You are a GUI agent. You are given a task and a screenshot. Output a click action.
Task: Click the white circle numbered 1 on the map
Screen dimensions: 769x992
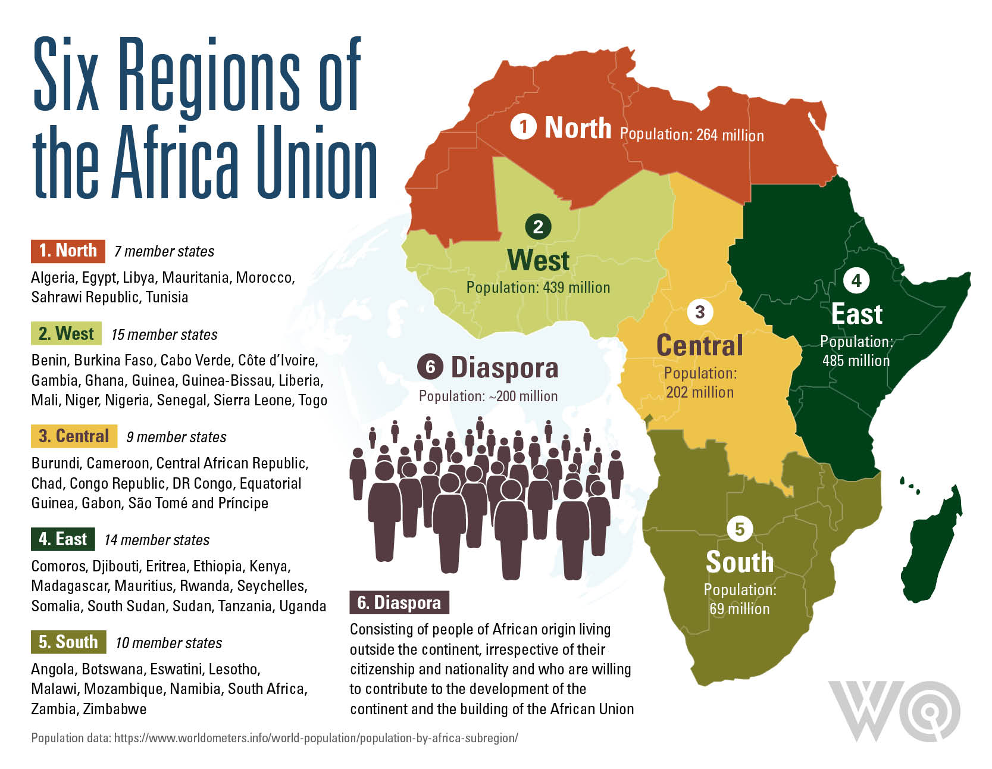(523, 127)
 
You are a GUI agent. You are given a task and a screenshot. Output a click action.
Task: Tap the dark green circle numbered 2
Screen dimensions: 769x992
(538, 226)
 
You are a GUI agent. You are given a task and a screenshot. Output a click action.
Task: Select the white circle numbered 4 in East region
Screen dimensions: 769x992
(856, 280)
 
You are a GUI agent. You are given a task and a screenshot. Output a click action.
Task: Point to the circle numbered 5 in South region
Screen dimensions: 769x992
(740, 529)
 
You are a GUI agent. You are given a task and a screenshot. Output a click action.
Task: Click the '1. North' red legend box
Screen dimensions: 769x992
(68, 251)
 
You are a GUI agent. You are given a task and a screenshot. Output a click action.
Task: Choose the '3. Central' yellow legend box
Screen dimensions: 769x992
(74, 436)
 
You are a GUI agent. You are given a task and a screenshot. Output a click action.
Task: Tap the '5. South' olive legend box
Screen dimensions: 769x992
(68, 642)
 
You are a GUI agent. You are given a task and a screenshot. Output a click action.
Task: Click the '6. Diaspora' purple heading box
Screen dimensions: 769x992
(399, 602)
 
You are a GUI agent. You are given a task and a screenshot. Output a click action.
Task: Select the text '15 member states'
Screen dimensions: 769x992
(164, 335)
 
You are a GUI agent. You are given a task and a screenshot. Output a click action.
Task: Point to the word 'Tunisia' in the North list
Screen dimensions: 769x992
(167, 297)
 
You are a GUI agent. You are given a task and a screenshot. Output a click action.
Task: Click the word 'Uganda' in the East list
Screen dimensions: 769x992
(302, 606)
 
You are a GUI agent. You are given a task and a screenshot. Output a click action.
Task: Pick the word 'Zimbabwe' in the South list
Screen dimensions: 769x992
(114, 709)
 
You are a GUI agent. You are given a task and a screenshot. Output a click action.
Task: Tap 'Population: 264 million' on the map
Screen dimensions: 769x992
(691, 135)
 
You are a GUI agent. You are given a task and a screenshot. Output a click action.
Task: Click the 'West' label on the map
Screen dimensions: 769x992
(538, 260)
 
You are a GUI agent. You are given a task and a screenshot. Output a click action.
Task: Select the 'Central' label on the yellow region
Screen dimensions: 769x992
(699, 345)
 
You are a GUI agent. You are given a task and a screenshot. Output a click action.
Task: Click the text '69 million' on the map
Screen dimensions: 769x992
(739, 609)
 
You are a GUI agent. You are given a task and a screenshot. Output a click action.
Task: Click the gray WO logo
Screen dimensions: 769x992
(894, 711)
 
